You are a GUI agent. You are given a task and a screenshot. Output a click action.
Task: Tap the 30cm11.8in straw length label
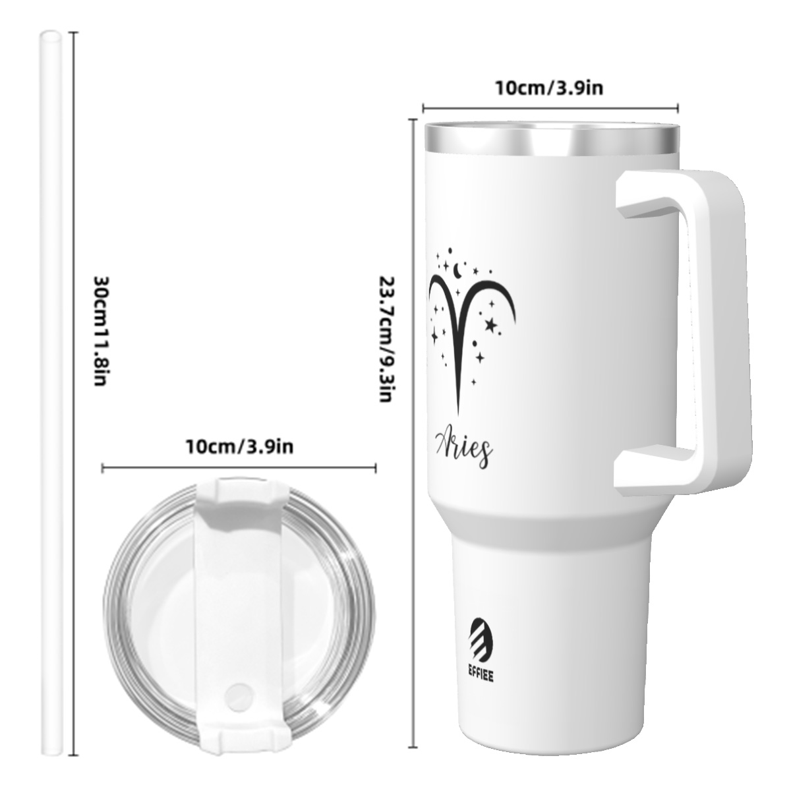[101, 330]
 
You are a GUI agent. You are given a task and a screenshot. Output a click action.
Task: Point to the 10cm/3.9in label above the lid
[240, 446]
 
